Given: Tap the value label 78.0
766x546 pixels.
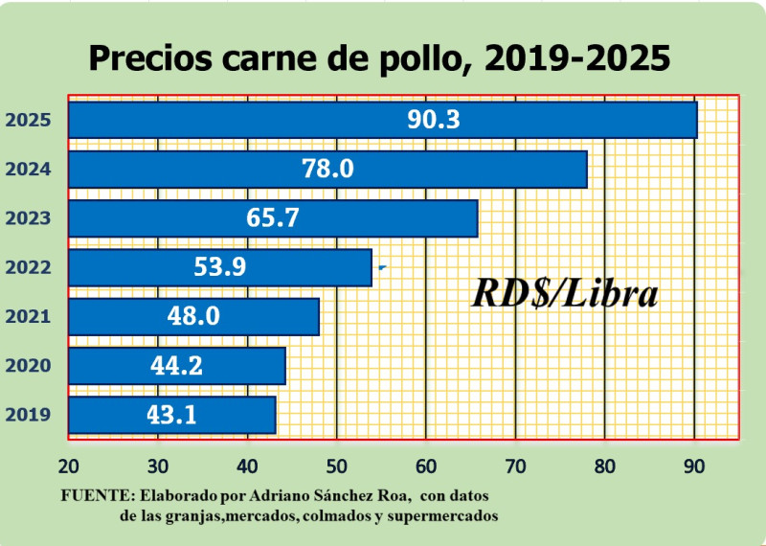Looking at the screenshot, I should click(x=327, y=170).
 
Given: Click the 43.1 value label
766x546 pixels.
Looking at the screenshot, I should click(x=172, y=415).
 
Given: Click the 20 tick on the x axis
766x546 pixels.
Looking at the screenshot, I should click(x=68, y=466).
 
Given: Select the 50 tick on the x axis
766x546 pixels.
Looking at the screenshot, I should click(x=337, y=466).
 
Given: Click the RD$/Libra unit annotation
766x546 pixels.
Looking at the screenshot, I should click(x=565, y=294).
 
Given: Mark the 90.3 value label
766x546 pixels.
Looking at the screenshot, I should click(x=434, y=120).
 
